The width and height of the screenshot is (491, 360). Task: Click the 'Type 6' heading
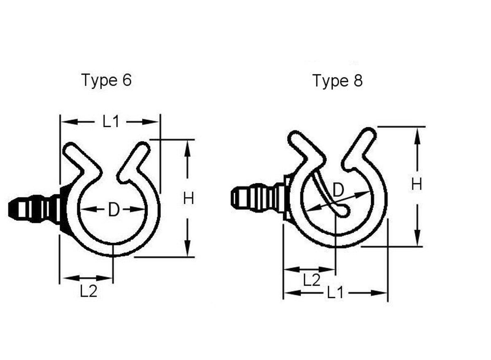click(107, 80)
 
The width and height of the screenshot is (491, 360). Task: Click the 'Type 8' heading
click(338, 81)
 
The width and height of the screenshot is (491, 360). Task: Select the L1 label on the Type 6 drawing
click(110, 122)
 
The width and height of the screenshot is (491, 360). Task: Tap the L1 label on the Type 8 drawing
click(335, 293)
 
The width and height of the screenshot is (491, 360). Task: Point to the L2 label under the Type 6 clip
click(88, 291)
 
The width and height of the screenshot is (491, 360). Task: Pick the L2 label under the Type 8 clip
click(311, 280)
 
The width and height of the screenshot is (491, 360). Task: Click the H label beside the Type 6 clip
click(188, 199)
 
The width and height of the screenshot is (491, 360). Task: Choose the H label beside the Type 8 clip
click(417, 185)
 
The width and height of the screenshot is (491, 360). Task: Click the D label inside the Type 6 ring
click(113, 210)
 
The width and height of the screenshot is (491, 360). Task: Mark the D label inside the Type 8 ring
click(338, 190)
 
